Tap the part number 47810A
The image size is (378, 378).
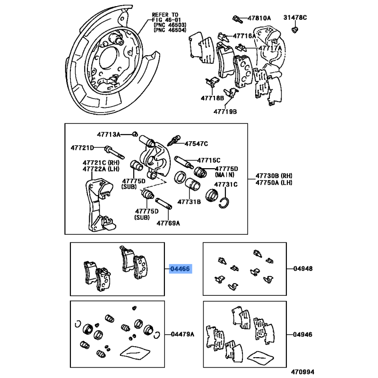click(x=260, y=18)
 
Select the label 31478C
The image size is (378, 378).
click(x=295, y=17)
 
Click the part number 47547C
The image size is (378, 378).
click(x=196, y=143)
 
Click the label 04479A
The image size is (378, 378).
click(x=182, y=334)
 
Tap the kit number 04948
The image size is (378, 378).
click(x=303, y=269)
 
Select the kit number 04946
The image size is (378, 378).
click(x=303, y=334)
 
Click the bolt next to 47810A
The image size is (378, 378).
click(x=236, y=18)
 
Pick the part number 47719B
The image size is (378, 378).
click(x=225, y=112)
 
